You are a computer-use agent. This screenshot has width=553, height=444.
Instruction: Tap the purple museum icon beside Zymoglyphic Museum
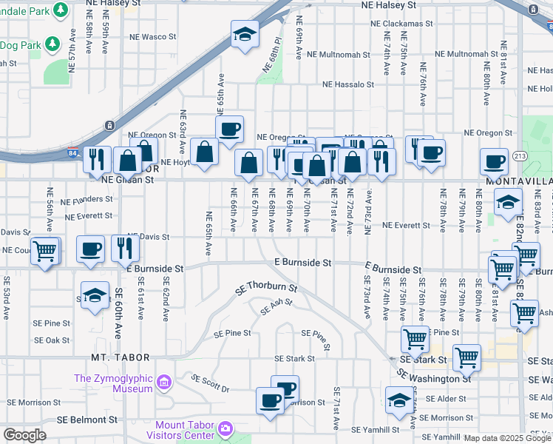[164, 383]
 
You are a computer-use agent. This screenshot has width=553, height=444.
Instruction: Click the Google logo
[24, 435]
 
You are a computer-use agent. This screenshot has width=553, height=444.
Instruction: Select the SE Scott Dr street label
[211, 383]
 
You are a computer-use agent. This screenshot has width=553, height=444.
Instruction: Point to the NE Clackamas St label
[401, 24]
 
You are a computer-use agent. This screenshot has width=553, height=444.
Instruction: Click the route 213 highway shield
[520, 156]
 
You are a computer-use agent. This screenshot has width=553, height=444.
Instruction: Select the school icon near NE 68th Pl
[244, 34]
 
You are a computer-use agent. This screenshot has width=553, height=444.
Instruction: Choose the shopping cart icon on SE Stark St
[467, 357]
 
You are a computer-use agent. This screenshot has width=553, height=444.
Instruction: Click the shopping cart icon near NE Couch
[45, 250]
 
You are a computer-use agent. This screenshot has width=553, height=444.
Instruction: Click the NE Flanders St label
[87, 200]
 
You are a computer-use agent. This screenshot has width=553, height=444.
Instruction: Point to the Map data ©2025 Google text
[507, 438]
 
